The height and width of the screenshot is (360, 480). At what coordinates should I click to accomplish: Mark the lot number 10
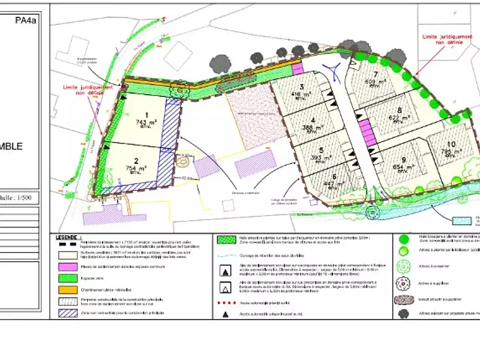451,144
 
